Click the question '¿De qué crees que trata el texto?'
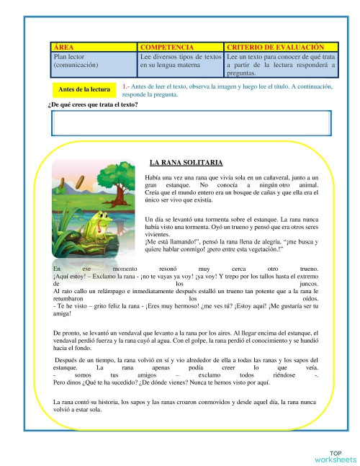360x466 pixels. coord(92,105)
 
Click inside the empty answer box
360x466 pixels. coord(191,123)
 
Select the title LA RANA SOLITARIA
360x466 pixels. coord(186,163)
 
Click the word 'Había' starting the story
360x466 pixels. coord(153,177)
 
